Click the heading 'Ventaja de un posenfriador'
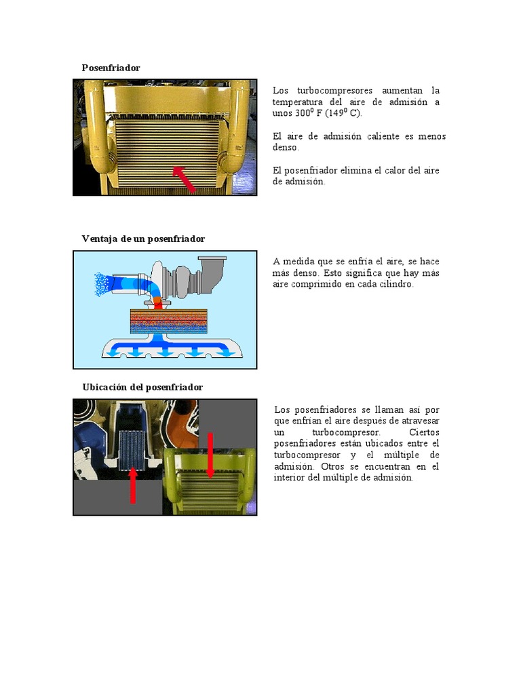143,239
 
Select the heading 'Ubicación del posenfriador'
142,387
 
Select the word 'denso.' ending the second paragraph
286,147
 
